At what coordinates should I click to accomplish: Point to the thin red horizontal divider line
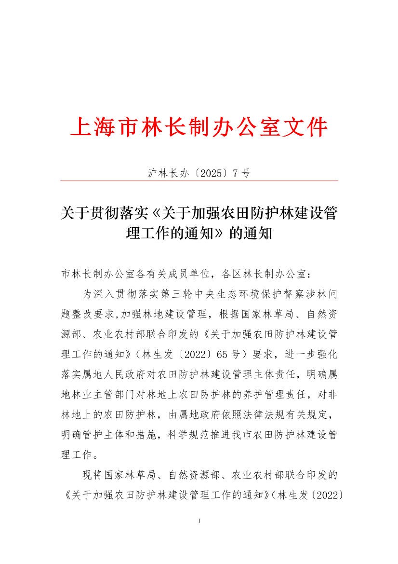coord(199,181)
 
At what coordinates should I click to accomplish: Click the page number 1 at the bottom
coord(199,521)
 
